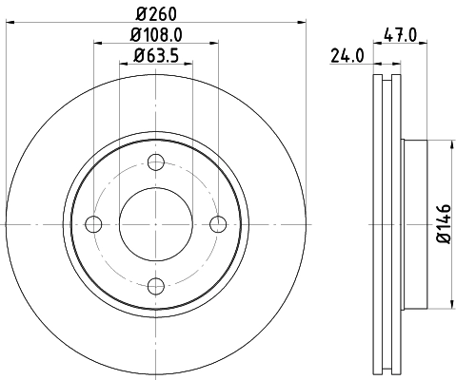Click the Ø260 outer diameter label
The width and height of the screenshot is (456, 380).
point(157,14)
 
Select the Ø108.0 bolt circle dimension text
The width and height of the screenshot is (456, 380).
point(157,35)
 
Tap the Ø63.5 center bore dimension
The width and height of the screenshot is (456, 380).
point(157,55)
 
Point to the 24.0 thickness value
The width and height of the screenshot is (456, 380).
point(348,54)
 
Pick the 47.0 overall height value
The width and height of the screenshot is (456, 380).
point(405,34)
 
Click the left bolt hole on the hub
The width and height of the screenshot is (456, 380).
point(93,224)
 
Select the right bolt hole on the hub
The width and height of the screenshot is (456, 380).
point(218,224)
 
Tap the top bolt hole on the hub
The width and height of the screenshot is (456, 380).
point(156,162)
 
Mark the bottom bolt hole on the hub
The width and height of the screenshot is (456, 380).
point(156,286)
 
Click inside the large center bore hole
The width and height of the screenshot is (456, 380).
point(156,224)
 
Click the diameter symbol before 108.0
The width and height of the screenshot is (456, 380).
point(132,35)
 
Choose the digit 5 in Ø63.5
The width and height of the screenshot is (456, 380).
point(177,55)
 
